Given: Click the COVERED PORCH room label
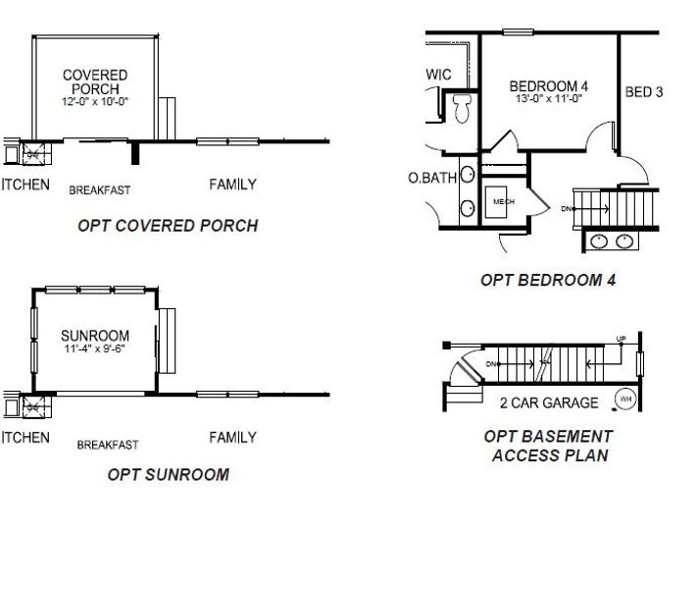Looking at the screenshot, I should (x=95, y=81).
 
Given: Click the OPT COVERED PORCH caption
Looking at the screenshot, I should (x=168, y=226).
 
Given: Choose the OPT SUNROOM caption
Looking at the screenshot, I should (x=168, y=475).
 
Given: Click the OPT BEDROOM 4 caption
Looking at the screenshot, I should (x=548, y=280).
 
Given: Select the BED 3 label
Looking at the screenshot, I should (x=644, y=93).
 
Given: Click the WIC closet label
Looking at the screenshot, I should (x=438, y=74).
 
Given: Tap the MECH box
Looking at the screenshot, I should (x=504, y=201).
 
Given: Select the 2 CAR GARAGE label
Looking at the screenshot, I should (x=549, y=402).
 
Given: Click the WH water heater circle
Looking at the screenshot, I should (x=623, y=399).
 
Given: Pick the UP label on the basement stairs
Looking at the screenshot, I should (x=621, y=340).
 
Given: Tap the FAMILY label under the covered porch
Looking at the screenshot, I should (x=233, y=185).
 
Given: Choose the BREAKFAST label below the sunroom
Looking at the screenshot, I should (x=108, y=445).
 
